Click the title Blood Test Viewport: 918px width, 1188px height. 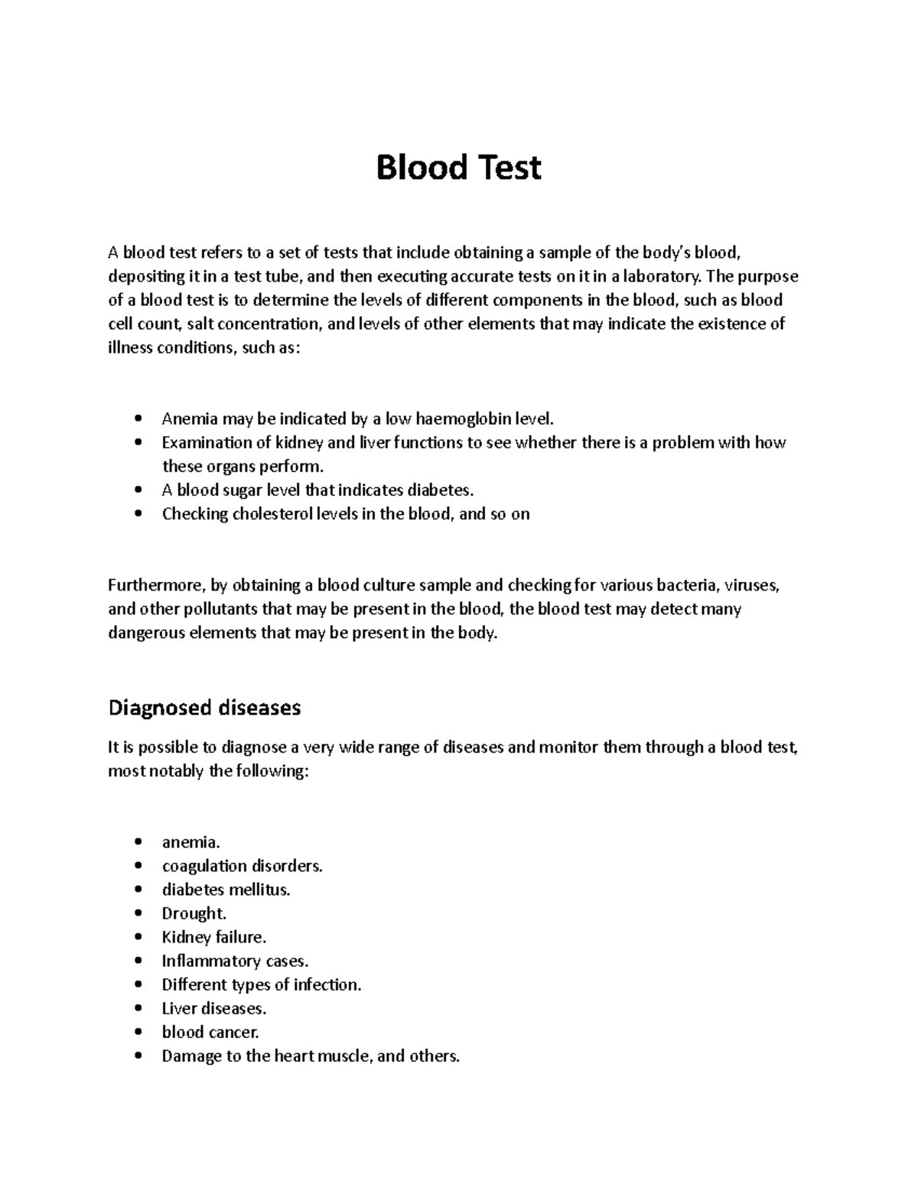[458, 168]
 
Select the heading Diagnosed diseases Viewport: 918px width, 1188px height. [204, 708]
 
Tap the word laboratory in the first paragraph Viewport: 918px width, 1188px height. [662, 277]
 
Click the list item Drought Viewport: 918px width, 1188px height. [194, 913]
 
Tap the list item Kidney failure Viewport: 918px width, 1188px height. [213, 937]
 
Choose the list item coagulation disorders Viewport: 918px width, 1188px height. [242, 866]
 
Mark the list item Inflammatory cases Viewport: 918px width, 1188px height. [235, 961]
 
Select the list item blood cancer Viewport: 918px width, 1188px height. [210, 1032]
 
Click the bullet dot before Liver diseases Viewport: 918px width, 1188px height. [138, 1009]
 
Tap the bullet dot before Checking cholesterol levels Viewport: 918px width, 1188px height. [138, 515]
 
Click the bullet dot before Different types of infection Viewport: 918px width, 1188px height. [138, 985]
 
